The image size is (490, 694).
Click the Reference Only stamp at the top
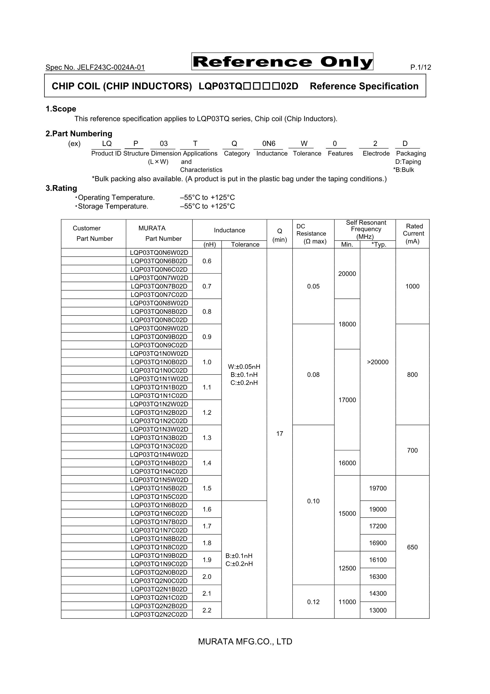[282, 62]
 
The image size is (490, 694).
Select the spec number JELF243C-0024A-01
[95, 67]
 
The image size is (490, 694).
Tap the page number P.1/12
[421, 67]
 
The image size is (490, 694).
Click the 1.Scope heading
[61, 109]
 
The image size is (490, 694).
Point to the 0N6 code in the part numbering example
[269, 144]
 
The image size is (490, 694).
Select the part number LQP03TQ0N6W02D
[159, 253]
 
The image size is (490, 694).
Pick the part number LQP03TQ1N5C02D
[159, 497]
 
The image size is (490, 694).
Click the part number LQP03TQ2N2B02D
[159, 606]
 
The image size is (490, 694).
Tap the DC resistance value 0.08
[313, 375]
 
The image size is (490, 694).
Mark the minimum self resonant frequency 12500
[347, 568]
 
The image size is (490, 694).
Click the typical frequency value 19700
[377, 488]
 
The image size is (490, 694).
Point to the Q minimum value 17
[280, 434]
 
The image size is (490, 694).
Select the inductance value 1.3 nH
[207, 438]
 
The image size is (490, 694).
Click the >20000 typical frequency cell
[377, 362]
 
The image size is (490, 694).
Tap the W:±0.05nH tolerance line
[244, 367]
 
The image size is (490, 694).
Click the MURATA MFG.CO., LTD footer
[245, 642]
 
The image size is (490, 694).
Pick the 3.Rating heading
[61, 188]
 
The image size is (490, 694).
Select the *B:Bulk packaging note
[404, 170]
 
